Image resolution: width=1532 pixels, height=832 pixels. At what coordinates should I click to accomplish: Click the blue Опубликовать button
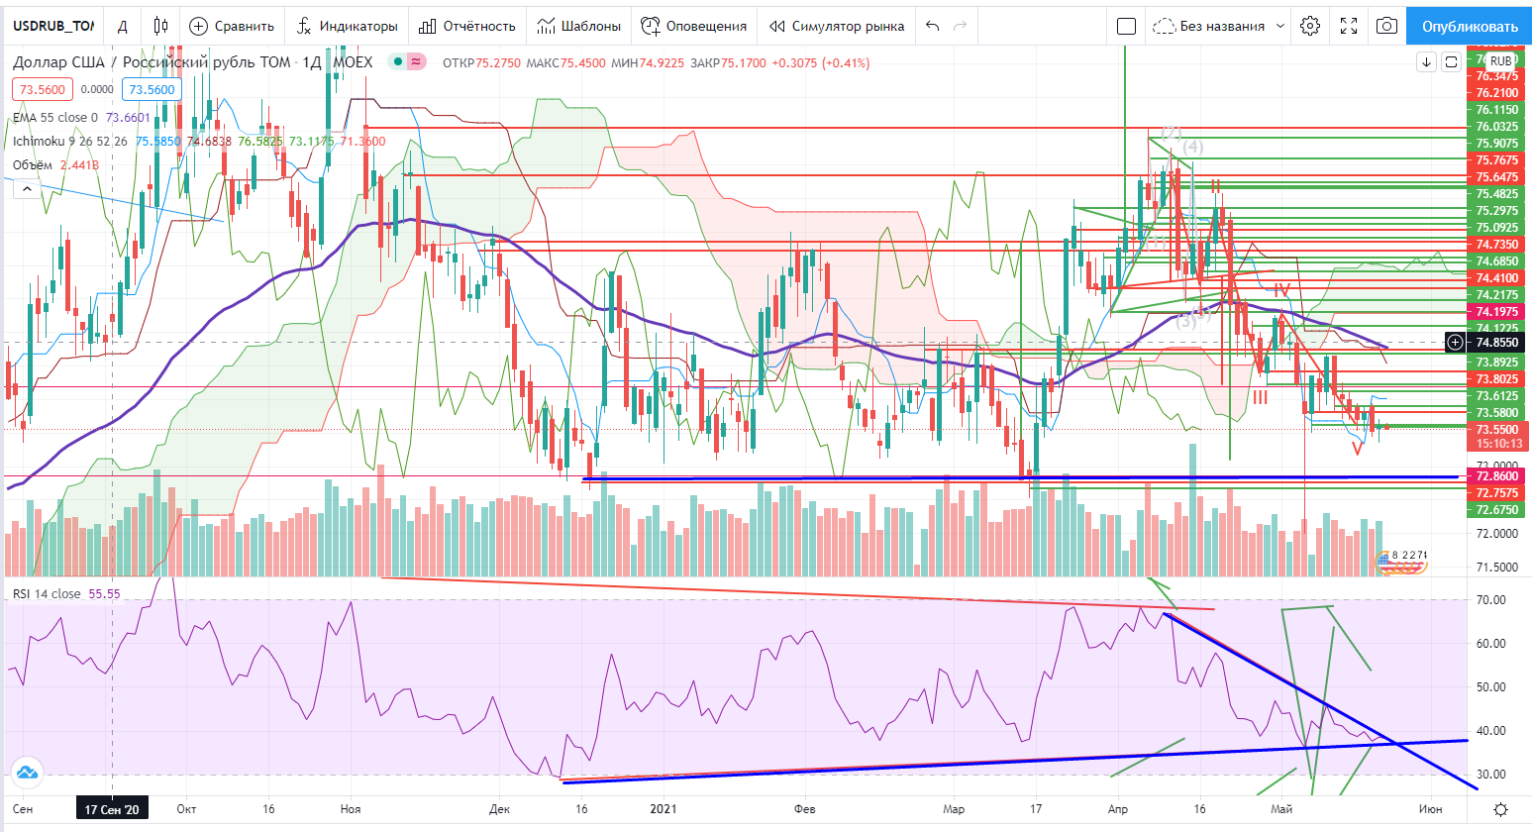(x=1470, y=26)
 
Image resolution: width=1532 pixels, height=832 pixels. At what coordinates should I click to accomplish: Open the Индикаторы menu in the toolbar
(x=348, y=26)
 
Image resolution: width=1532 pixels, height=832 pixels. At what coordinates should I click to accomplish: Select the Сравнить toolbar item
(x=233, y=26)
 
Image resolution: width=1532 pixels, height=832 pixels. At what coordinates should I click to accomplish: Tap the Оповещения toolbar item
(x=693, y=26)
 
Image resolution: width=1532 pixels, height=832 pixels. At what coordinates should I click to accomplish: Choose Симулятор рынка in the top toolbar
(x=837, y=26)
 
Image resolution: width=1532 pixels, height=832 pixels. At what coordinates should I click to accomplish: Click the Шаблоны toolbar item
(x=579, y=26)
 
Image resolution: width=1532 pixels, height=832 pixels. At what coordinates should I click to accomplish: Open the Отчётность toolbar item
(x=467, y=26)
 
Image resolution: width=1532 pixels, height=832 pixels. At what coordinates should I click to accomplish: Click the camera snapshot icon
(x=1386, y=26)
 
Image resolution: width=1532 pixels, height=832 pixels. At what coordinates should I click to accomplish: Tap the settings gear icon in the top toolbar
(x=1310, y=26)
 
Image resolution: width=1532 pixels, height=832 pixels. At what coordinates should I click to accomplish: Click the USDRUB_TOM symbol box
(x=54, y=26)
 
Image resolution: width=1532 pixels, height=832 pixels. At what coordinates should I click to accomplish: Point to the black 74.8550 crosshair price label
(x=1496, y=343)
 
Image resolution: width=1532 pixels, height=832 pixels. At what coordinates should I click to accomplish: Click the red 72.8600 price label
(x=1496, y=476)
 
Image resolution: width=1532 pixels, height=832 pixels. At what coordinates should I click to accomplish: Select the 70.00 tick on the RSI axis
(x=1490, y=600)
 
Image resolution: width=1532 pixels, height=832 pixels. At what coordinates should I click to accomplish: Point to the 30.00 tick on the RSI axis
(x=1490, y=775)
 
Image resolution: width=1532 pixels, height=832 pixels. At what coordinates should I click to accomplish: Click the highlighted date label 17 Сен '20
(x=111, y=809)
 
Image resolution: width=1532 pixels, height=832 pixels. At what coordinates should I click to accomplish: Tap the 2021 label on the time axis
(x=663, y=809)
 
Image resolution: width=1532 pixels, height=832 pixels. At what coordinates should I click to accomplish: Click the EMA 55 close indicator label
(x=55, y=118)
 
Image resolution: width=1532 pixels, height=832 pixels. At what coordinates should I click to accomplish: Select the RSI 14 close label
(x=47, y=594)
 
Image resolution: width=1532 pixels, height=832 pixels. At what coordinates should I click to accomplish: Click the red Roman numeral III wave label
(x=1260, y=397)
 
